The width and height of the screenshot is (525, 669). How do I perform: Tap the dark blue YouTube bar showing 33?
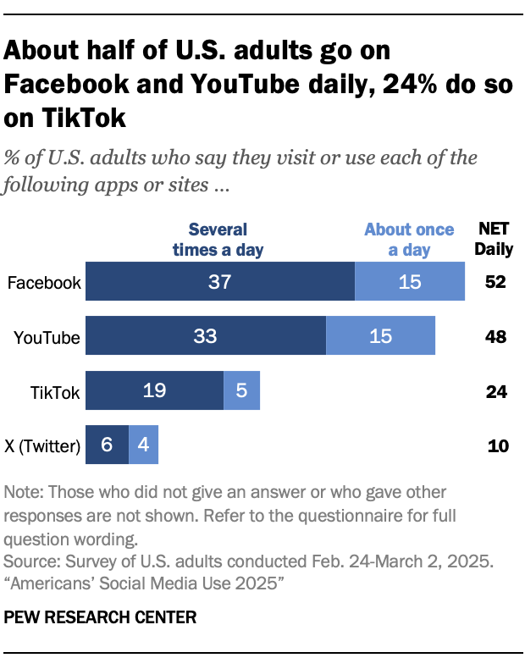(206, 336)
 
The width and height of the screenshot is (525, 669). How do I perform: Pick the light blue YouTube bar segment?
(380, 336)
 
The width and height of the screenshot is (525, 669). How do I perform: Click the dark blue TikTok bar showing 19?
(154, 390)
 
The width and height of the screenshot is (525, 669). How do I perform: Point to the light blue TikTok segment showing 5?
(241, 390)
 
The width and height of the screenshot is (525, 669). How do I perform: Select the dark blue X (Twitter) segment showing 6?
(107, 444)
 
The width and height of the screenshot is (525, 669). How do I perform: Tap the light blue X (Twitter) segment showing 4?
(143, 444)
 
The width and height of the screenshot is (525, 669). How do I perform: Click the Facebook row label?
(43, 283)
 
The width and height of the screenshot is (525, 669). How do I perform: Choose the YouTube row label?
(47, 337)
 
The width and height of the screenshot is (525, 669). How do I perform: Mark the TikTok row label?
(54, 391)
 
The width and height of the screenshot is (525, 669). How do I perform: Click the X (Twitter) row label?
(42, 445)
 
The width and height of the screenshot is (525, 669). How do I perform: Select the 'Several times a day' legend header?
(218, 239)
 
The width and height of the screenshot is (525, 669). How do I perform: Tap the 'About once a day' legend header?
(409, 239)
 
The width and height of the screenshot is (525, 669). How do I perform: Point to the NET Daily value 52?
(495, 283)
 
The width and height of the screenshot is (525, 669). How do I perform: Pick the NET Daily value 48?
(495, 337)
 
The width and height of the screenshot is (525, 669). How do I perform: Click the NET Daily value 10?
(498, 445)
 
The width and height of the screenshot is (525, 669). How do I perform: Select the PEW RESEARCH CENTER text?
(100, 618)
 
